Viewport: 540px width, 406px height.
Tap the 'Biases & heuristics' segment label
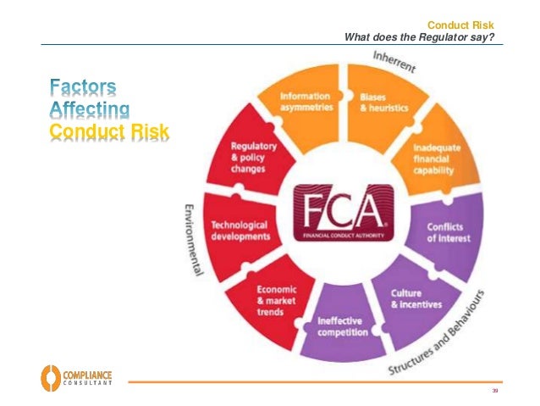click(383, 103)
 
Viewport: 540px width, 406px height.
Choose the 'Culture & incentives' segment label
click(416, 298)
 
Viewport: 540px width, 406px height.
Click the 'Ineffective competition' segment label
click(342, 327)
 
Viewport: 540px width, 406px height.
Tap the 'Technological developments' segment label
click(240, 231)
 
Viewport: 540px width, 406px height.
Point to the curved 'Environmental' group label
click(193, 239)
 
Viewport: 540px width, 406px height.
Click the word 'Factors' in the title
click(83, 86)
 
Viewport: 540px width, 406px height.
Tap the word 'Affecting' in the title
click(90, 108)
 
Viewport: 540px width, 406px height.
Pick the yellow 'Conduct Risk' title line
click(109, 131)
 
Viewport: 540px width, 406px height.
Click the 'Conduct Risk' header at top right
click(460, 25)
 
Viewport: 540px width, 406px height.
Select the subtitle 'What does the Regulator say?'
click(418, 36)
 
